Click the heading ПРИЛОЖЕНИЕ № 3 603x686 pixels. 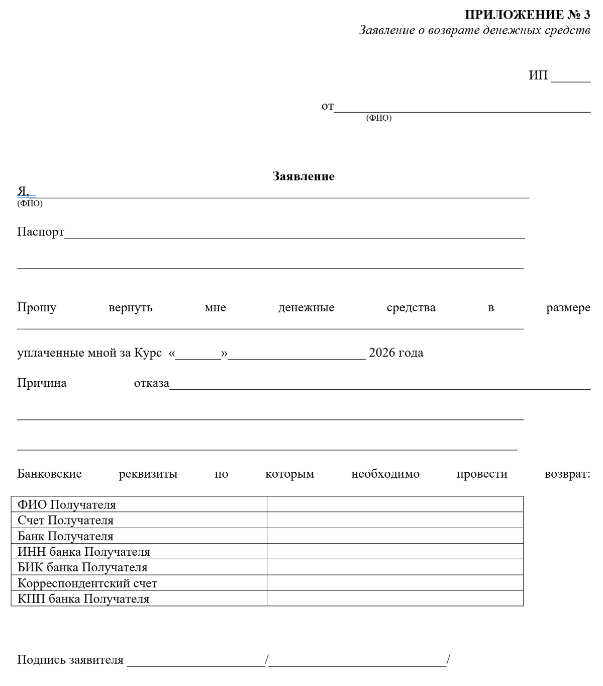527,15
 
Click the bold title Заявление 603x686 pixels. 304,177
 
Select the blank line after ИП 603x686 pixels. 571,77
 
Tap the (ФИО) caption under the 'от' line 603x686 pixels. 379,118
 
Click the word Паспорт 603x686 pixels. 41,232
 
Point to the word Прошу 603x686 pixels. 37,308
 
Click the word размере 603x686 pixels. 568,308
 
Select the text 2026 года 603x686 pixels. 396,353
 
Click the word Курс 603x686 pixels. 148,353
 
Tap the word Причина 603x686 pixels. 42,383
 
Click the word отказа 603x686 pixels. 151,383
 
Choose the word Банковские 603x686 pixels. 49,474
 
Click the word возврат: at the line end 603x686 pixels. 567,474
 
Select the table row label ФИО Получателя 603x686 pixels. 67,505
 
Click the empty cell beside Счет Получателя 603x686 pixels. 395,520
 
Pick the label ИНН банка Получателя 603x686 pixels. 84,552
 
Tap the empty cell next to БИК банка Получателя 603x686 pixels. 395,567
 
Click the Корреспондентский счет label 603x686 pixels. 87,583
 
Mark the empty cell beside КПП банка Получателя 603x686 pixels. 395,598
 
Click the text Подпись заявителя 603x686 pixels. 70,660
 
